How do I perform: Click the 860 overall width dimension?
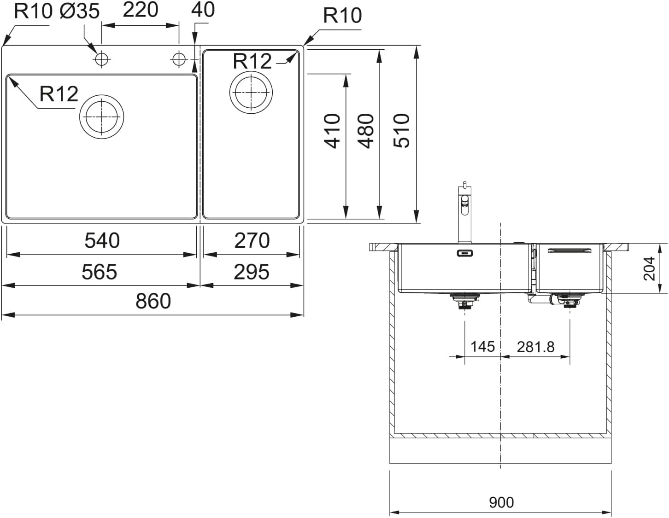(x=153, y=301)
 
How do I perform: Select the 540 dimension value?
(x=102, y=240)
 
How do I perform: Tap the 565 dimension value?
(x=99, y=272)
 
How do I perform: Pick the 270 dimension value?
(x=252, y=240)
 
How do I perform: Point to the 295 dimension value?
(x=252, y=272)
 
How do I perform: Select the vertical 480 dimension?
(x=366, y=131)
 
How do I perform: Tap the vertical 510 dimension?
(x=401, y=131)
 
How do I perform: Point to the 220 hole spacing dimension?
(x=140, y=10)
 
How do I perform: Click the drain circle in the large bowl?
(x=102, y=116)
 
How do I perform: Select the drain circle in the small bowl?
(x=251, y=92)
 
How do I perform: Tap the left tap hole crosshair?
(x=102, y=59)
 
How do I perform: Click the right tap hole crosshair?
(x=178, y=59)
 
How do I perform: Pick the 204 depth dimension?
(x=649, y=269)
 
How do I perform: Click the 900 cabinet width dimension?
(x=500, y=502)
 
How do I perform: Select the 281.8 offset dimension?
(x=535, y=347)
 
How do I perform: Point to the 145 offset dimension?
(x=482, y=347)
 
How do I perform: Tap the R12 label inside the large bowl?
(x=59, y=94)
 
